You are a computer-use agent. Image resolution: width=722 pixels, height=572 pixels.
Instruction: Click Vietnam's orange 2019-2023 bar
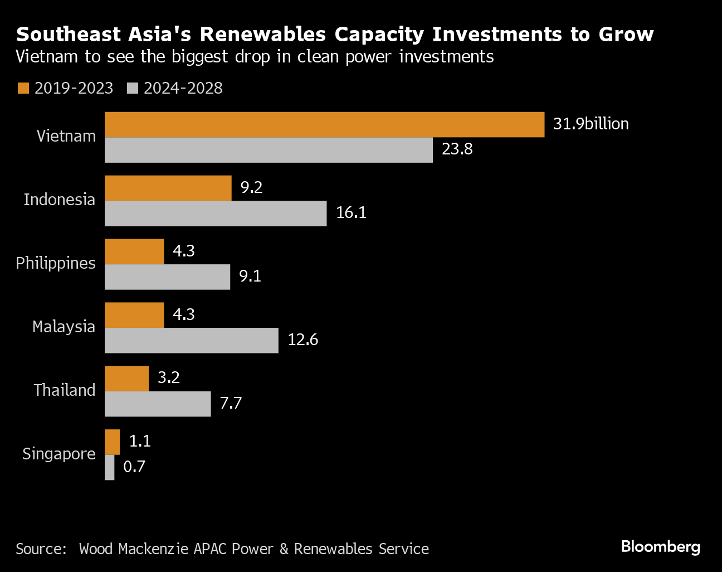(x=324, y=124)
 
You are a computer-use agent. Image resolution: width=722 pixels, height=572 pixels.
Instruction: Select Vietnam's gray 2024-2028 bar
(x=269, y=150)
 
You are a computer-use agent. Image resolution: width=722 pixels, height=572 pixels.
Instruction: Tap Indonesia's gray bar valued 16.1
(x=216, y=214)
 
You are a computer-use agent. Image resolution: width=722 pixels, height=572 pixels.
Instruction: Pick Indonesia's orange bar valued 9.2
(x=168, y=188)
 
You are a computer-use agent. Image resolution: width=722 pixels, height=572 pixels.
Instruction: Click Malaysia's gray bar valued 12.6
(x=191, y=341)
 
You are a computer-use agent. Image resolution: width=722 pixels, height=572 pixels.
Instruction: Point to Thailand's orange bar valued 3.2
(x=126, y=379)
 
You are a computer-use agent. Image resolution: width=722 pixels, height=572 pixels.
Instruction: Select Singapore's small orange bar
(x=112, y=442)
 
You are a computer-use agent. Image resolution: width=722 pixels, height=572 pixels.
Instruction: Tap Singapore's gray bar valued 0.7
(x=109, y=467)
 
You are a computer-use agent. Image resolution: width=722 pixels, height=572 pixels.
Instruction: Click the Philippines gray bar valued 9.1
(x=167, y=277)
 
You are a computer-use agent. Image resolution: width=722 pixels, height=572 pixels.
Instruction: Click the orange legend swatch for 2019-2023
(x=23, y=88)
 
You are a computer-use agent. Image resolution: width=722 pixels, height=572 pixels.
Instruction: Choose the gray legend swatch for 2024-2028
(x=132, y=88)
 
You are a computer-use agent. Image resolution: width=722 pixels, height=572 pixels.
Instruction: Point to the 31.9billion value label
(x=591, y=124)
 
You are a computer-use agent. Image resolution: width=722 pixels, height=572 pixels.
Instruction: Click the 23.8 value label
(x=457, y=149)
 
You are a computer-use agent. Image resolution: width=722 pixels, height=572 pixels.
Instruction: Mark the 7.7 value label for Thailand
(x=231, y=403)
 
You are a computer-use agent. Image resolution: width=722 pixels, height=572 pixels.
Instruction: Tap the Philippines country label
(x=56, y=263)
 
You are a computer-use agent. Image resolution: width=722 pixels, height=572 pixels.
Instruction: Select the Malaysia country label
(x=64, y=327)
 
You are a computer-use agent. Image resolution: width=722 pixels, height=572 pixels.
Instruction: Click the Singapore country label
(x=59, y=454)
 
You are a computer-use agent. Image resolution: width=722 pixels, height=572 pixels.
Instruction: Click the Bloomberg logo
(x=660, y=547)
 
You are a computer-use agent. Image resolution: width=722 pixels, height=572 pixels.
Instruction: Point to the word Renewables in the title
(x=263, y=35)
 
